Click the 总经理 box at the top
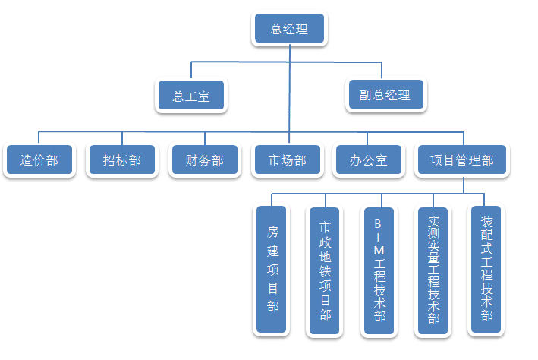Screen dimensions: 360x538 pyautogui.click(x=288, y=30)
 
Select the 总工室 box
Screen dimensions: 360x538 pyautogui.click(x=191, y=96)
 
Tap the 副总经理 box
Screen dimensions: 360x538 pyautogui.click(x=385, y=96)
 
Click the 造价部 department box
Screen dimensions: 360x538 pyautogui.click(x=39, y=160)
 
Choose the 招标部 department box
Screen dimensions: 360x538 pyautogui.click(x=121, y=160)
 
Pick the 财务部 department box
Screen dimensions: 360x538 pyautogui.click(x=204, y=160)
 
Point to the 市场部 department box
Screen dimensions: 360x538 pyautogui.click(x=288, y=160)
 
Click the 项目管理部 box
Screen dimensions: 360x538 pyautogui.click(x=461, y=160)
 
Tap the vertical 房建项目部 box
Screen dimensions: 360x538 pyautogui.click(x=272, y=270)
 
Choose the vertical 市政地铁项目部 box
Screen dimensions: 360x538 pyautogui.click(x=325, y=270)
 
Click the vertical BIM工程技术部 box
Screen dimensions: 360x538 pyautogui.click(x=379, y=270)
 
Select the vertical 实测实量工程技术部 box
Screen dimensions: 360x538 pyautogui.click(x=433, y=270)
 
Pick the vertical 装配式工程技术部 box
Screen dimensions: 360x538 pyautogui.click(x=487, y=270)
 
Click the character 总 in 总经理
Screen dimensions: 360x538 pyautogui.click(x=276, y=30)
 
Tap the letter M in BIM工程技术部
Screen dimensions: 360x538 pyautogui.click(x=379, y=250)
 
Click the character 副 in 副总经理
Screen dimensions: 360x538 pyautogui.click(x=366, y=96)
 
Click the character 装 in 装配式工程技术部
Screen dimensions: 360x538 pyautogui.click(x=487, y=223)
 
